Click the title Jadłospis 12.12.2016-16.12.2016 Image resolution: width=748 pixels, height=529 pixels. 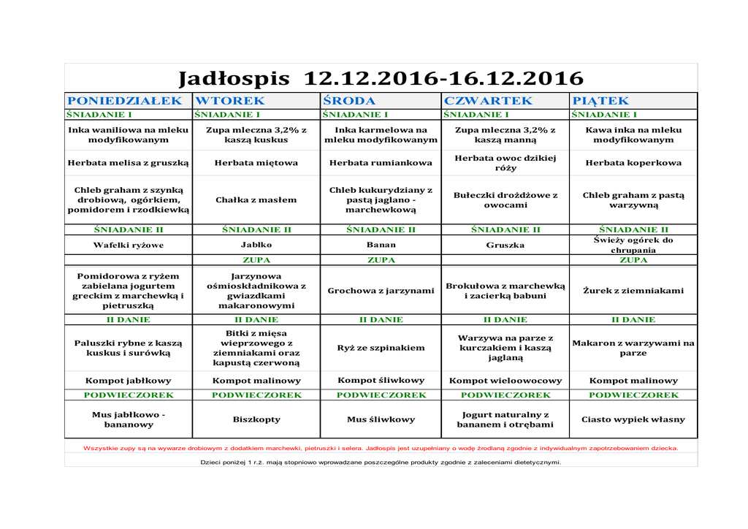click(381, 78)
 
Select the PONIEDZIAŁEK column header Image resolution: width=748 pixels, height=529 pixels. click(125, 101)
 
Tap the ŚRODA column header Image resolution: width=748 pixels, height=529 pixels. click(349, 101)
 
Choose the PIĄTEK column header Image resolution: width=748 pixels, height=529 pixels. click(601, 101)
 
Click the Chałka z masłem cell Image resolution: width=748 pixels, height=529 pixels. click(256, 199)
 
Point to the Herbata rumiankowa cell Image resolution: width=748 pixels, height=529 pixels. click(381, 163)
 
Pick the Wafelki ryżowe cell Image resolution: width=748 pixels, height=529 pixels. click(129, 246)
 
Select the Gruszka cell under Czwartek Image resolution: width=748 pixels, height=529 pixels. click(505, 246)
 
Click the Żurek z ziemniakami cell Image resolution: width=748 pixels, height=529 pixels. click(633, 291)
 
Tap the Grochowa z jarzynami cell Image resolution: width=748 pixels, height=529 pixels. click(381, 291)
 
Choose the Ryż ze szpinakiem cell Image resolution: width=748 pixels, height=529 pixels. click(381, 348)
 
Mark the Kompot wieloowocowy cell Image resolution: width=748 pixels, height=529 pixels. click(505, 381)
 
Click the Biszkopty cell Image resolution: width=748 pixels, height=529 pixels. click(256, 419)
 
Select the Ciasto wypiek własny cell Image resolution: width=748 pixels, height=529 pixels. click(633, 419)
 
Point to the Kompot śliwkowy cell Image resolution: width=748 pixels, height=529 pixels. click(381, 380)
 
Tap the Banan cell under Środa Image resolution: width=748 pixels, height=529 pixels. click(381, 246)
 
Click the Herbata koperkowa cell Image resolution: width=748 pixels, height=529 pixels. click(633, 163)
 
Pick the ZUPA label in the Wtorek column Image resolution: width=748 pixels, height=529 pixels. click(256, 260)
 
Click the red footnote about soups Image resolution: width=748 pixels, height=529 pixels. click(381, 448)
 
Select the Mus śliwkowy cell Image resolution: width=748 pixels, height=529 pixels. click(381, 419)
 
